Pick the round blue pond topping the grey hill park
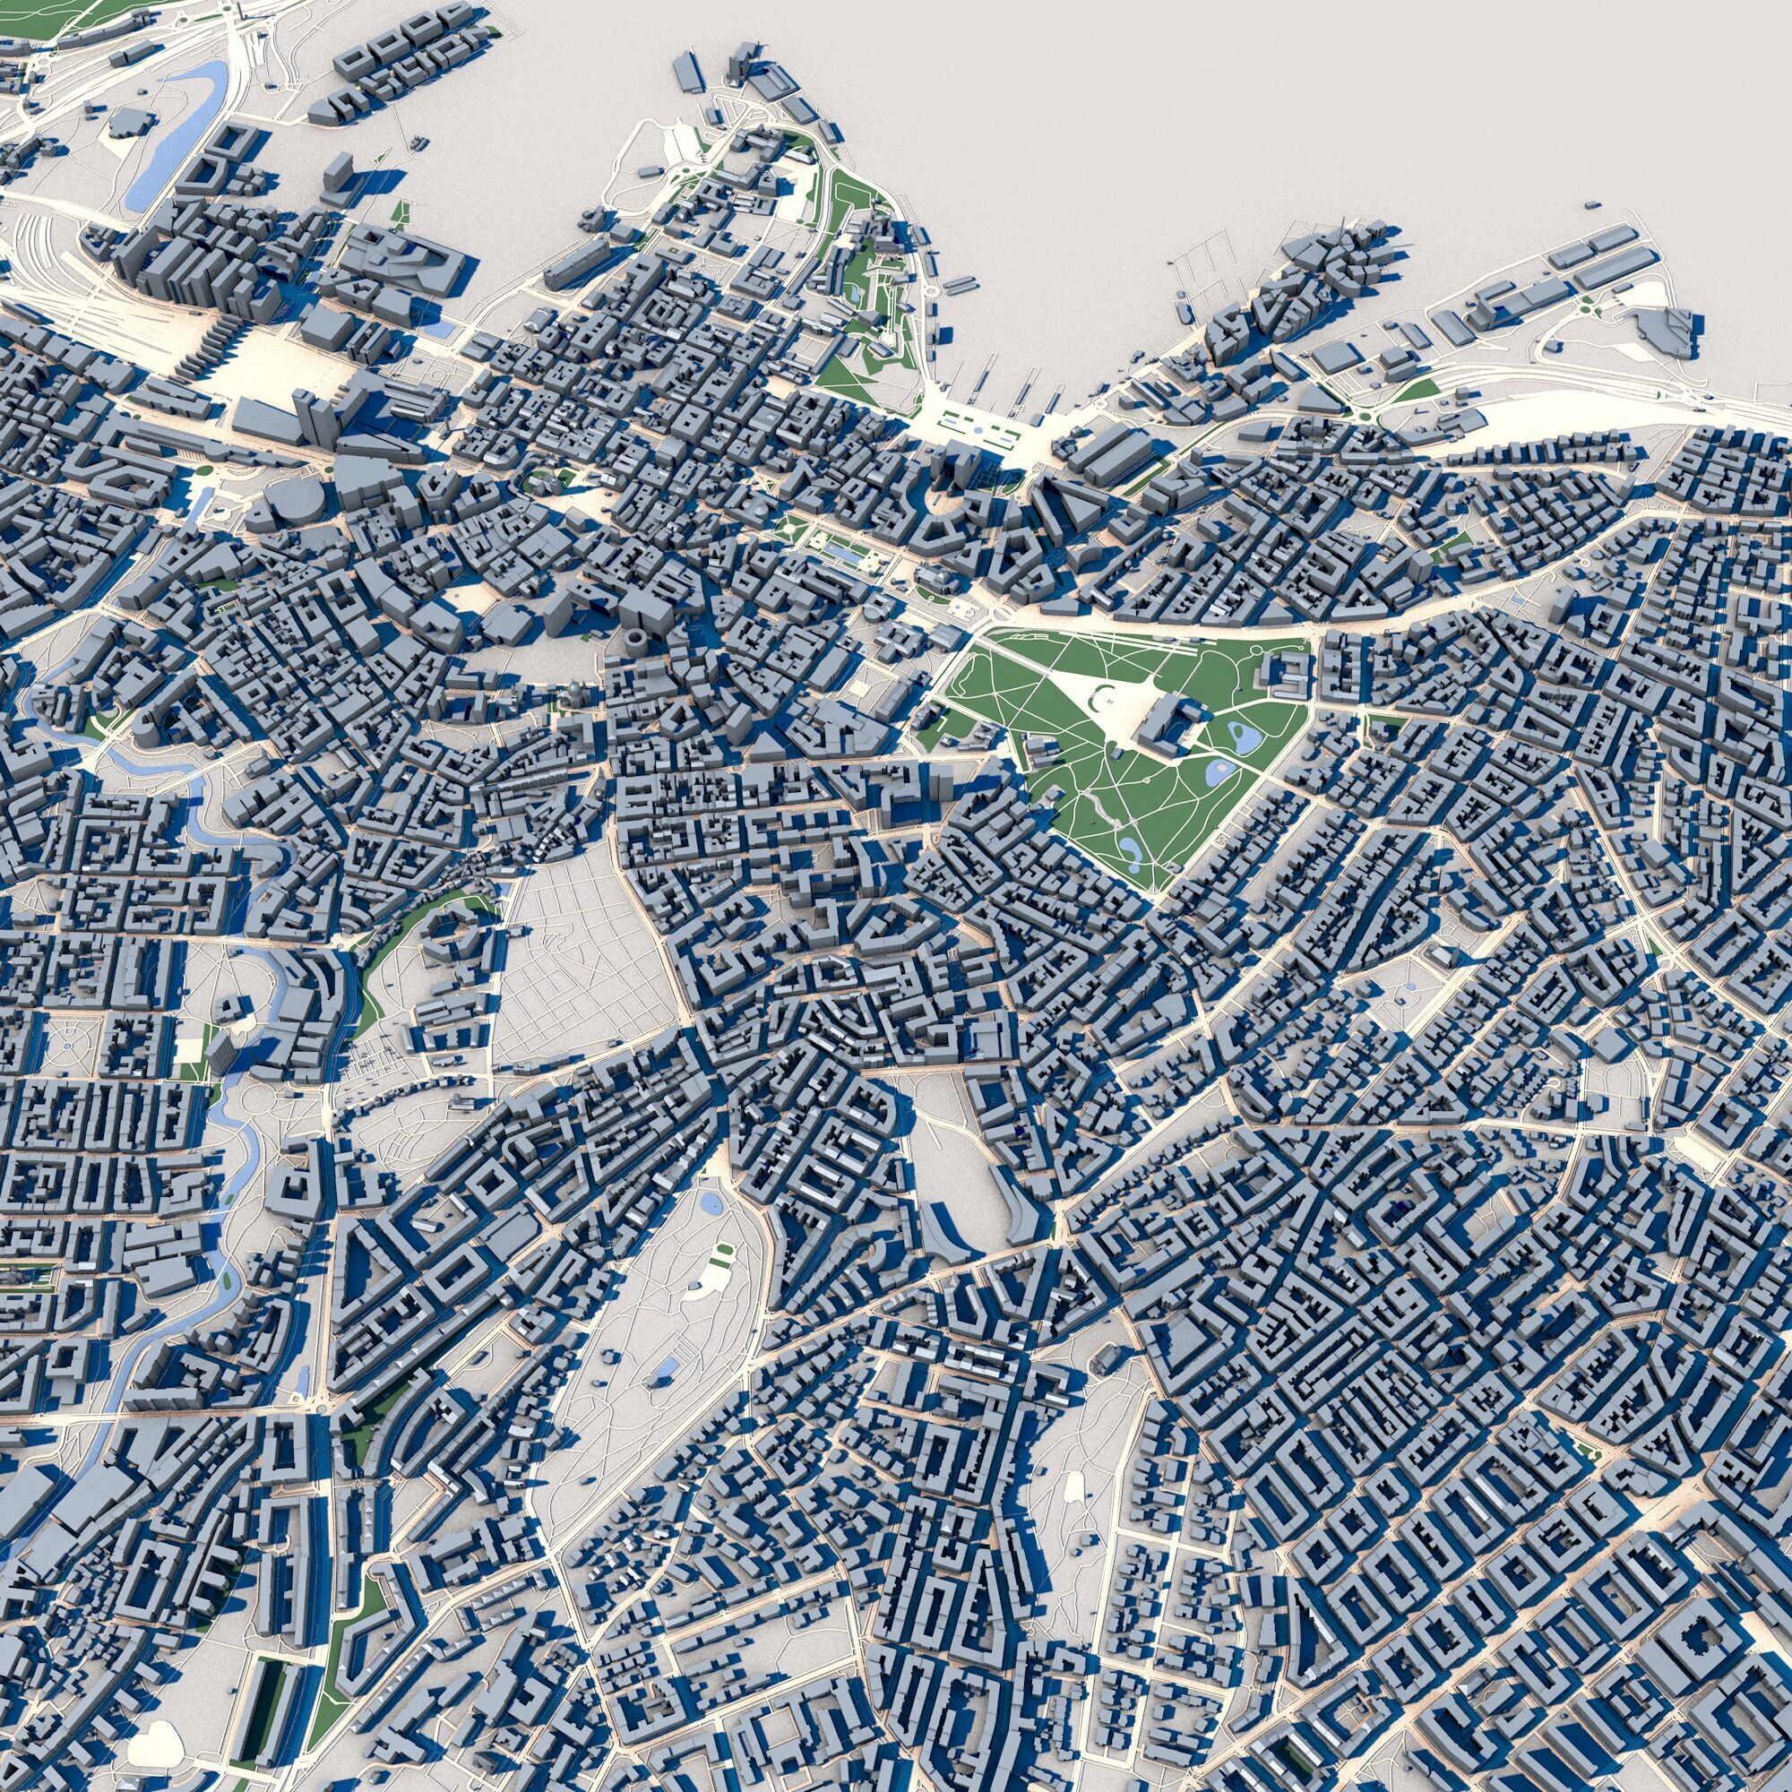[711, 1204]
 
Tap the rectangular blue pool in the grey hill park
[666, 1367]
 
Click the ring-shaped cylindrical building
[638, 641]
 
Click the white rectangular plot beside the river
[189, 1050]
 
